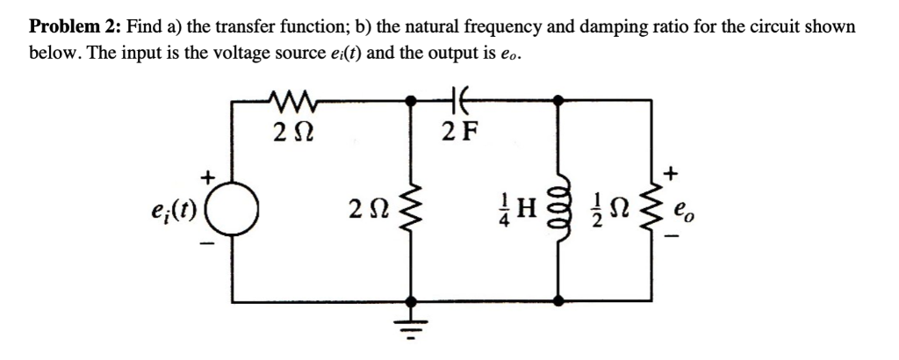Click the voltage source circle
[231, 212]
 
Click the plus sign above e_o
[672, 174]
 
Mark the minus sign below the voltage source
[208, 247]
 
